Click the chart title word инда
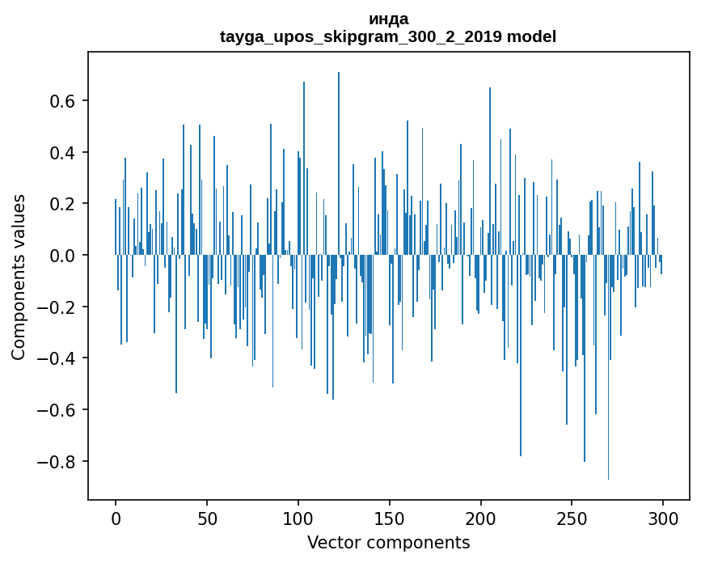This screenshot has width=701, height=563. click(x=388, y=19)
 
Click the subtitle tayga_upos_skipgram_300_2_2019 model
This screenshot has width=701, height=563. click(x=388, y=36)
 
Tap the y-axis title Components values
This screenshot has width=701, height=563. click(x=18, y=277)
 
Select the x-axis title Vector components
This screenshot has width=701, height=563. click(x=388, y=542)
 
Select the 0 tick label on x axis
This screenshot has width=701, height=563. click(x=116, y=518)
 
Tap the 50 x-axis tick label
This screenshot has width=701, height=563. click(x=207, y=518)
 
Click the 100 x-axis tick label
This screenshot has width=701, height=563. click(x=298, y=518)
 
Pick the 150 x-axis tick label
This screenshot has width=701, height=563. click(x=390, y=518)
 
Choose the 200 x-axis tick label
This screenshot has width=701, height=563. click(x=481, y=518)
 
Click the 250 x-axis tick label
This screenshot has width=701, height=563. click(x=572, y=518)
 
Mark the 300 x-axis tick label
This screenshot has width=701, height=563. click(x=664, y=518)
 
